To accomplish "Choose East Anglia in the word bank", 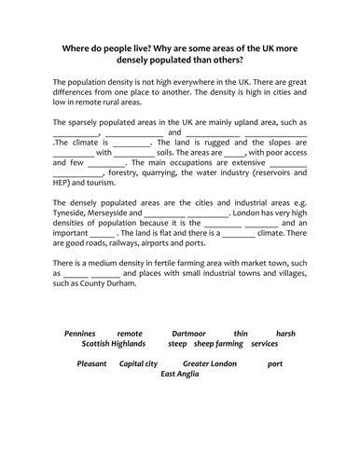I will pyautogui.click(x=181, y=374).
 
